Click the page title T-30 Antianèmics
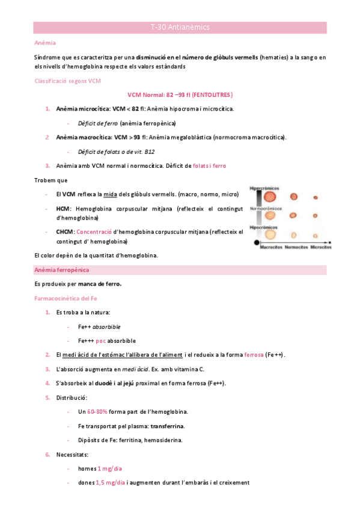tap(180, 27)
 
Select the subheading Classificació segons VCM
tap(67, 81)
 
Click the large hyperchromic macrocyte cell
tap(271, 197)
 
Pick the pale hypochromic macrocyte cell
tap(271, 235)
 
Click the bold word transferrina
tap(167, 426)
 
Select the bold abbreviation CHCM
tap(65, 231)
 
